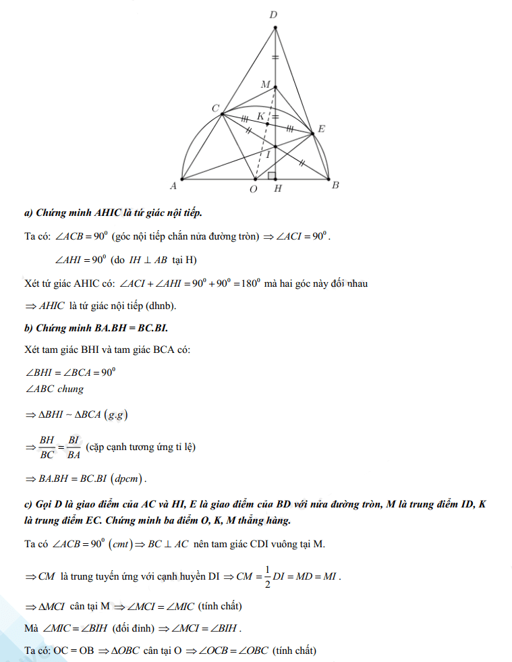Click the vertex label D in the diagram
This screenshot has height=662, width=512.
(274, 14)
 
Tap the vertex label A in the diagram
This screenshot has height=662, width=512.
(173, 185)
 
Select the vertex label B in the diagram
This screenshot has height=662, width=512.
(335, 186)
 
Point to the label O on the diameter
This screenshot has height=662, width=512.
(253, 190)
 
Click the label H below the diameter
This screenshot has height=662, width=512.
(277, 190)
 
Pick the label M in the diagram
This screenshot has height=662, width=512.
(265, 84)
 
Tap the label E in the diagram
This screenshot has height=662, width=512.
(322, 128)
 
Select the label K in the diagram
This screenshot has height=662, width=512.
(260, 116)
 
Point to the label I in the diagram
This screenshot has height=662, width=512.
(268, 155)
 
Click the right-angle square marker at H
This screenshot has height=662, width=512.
(271, 175)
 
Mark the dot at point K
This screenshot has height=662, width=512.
(268, 124)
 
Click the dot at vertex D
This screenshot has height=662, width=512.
(275, 28)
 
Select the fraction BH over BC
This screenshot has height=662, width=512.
(47, 447)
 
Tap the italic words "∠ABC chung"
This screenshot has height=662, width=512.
(55, 389)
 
